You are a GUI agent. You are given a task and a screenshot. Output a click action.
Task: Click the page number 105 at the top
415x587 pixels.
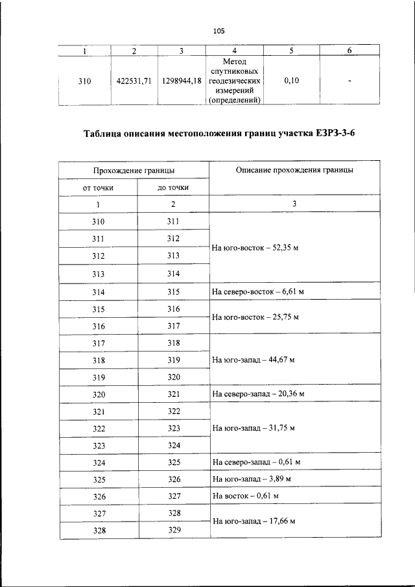[x=218, y=30]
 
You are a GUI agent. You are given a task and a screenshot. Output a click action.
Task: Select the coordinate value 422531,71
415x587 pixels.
[x=134, y=82]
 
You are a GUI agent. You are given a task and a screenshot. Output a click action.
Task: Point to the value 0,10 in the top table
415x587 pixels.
[x=291, y=82]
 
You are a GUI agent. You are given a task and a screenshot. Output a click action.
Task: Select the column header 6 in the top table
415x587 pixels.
[x=350, y=51]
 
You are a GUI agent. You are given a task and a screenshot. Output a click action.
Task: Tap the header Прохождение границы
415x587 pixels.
[x=134, y=169]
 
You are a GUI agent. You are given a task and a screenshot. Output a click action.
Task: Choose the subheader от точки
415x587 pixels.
[x=98, y=187]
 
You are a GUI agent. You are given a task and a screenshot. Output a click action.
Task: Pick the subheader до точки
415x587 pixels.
[x=173, y=187]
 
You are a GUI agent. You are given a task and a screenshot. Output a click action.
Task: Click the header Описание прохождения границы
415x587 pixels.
[x=294, y=169]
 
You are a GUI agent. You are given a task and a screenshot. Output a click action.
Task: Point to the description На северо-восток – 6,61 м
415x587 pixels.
[x=258, y=292]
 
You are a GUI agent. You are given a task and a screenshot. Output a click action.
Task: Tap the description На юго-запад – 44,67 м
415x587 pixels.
[x=254, y=360]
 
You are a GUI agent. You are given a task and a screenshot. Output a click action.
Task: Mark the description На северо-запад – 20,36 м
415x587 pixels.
[x=258, y=394]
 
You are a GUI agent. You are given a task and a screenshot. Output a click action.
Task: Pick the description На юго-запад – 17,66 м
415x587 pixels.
[x=254, y=521]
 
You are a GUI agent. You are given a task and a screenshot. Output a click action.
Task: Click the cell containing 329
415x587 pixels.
[x=173, y=530]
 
